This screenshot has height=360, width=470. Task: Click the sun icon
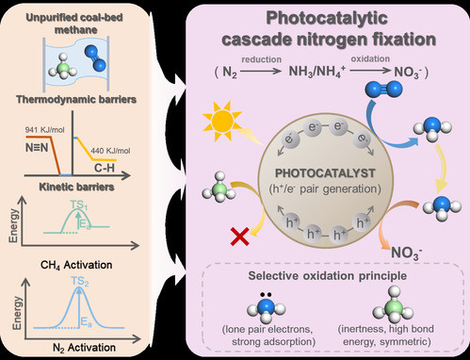click(x=222, y=121)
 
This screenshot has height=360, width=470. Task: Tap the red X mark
click(x=240, y=237)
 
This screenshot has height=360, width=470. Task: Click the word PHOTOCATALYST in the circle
click(x=325, y=173)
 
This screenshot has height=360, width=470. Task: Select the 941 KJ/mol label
click(x=44, y=129)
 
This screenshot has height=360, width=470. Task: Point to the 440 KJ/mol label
click(x=110, y=151)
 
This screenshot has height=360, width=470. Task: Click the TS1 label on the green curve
click(x=79, y=205)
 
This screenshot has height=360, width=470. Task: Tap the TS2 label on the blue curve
click(x=80, y=281)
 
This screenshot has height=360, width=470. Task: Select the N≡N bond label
click(x=37, y=147)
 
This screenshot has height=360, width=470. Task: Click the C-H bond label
click(x=105, y=168)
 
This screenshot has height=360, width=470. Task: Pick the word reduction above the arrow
click(x=261, y=59)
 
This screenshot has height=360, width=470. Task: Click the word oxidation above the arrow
click(x=370, y=58)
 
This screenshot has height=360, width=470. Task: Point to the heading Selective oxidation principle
click(x=328, y=275)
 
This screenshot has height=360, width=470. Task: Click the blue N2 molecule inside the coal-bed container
click(x=95, y=57)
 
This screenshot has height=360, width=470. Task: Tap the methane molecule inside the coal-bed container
click(x=63, y=67)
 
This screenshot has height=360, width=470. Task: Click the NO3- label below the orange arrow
click(x=406, y=253)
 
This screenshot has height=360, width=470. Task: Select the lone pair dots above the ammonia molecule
click(x=266, y=295)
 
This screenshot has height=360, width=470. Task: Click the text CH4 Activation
click(x=76, y=265)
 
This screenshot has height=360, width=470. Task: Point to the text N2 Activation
click(x=84, y=348)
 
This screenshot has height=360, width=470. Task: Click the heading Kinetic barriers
click(x=76, y=187)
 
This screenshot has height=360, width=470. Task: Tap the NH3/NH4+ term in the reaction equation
click(x=317, y=72)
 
